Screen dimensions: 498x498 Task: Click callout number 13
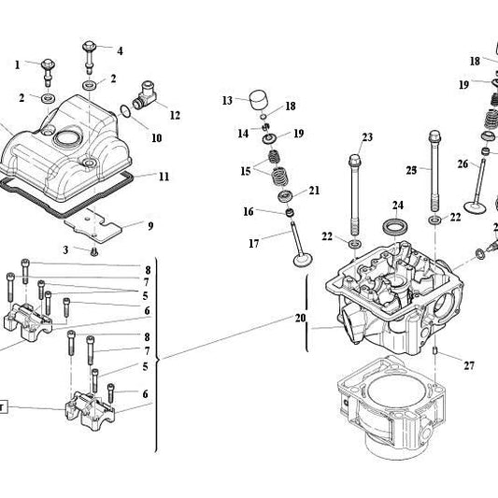(227, 99)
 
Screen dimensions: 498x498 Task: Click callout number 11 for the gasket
(164, 176)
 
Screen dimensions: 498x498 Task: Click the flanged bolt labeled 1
(48, 67)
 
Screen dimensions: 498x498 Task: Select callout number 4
(119, 50)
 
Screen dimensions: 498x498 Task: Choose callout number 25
(411, 170)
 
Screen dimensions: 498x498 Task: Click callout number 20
(300, 318)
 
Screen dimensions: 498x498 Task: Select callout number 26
(462, 164)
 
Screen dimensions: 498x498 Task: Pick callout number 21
(314, 191)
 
